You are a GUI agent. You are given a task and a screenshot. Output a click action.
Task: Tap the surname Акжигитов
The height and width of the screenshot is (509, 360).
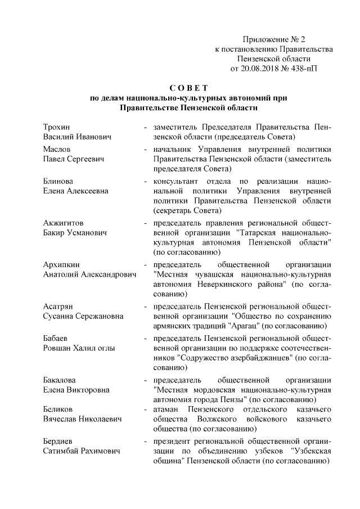coord(64,223)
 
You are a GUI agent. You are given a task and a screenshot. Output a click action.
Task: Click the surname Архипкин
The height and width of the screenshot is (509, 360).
coord(62,265)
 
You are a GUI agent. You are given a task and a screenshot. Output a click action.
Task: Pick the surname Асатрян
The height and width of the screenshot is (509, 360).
coord(60,307)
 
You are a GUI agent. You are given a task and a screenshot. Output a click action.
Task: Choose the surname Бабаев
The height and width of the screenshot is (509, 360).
coord(57,337)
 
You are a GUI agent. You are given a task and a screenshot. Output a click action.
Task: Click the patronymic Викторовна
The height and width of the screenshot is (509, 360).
coord(87,389)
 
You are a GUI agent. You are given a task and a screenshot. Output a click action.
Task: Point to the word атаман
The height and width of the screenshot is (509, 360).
coord(168,410)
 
